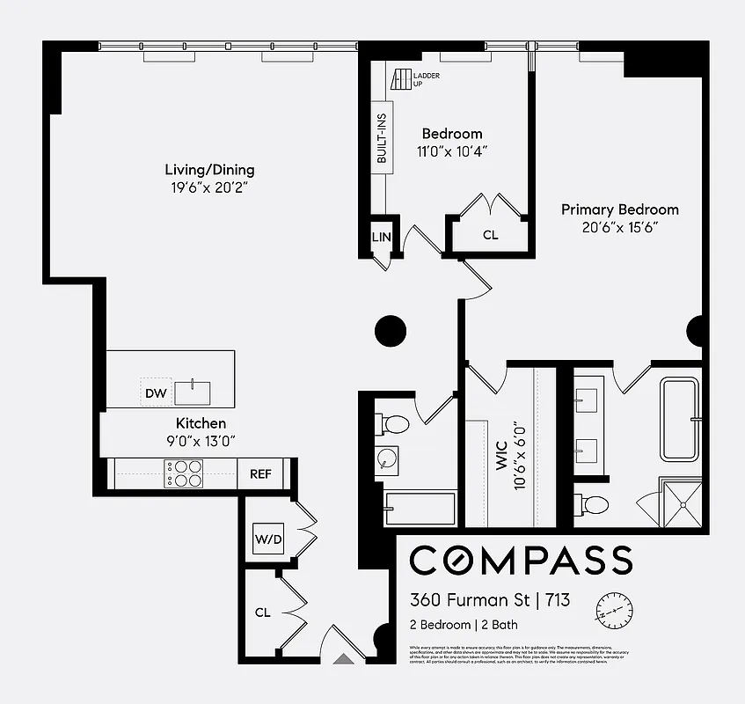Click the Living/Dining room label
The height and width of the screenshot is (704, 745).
(x=209, y=170)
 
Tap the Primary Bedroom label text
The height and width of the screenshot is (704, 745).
(x=620, y=209)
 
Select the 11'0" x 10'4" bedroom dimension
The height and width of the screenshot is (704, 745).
(x=452, y=150)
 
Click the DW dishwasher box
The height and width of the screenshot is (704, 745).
(x=155, y=392)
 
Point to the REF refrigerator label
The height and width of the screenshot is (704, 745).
(x=260, y=474)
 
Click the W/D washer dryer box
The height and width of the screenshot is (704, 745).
(x=268, y=539)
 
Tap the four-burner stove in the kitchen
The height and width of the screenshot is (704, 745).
(x=186, y=474)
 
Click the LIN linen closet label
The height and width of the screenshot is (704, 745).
(x=381, y=237)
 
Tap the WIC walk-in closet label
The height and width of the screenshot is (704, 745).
(x=502, y=458)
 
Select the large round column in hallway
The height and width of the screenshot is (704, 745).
(x=391, y=331)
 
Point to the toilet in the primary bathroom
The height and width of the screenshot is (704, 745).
(x=594, y=505)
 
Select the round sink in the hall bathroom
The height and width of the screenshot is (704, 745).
(x=387, y=458)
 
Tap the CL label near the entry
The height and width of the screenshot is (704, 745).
(x=262, y=612)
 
